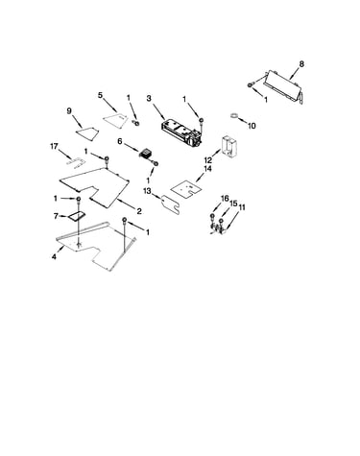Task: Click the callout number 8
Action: click(x=301, y=64)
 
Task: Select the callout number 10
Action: click(x=252, y=126)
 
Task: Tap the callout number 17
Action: click(x=54, y=147)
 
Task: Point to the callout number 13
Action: click(x=147, y=191)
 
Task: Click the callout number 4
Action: click(x=54, y=256)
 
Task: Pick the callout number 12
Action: click(x=208, y=159)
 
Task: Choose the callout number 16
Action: click(x=225, y=199)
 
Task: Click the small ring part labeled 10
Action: click(x=234, y=115)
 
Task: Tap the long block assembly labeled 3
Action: click(x=182, y=132)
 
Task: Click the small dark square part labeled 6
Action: click(x=146, y=153)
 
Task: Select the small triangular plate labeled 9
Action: click(x=87, y=132)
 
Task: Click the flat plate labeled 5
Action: click(x=115, y=120)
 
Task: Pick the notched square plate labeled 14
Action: click(x=186, y=187)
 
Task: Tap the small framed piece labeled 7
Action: click(x=74, y=216)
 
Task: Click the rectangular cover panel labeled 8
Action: click(x=283, y=85)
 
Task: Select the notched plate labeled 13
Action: click(x=171, y=204)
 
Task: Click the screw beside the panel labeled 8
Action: click(x=251, y=84)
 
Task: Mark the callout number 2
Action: click(x=139, y=211)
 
